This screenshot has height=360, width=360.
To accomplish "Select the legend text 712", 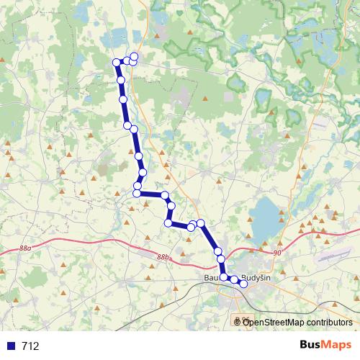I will [30, 346].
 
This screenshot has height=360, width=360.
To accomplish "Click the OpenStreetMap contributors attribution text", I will [297, 323].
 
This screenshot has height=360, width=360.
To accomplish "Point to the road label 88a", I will [26, 248].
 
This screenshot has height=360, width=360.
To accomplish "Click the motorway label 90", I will [278, 253].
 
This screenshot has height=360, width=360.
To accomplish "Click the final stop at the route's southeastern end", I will [243, 284].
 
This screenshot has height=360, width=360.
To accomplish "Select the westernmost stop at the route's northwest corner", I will [117, 63].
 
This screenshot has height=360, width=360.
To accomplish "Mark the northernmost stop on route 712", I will [133, 56].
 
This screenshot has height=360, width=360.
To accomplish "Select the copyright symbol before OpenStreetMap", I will [238, 323].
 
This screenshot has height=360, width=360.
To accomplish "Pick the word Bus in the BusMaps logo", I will [311, 346].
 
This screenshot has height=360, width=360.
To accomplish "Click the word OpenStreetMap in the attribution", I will [274, 323].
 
